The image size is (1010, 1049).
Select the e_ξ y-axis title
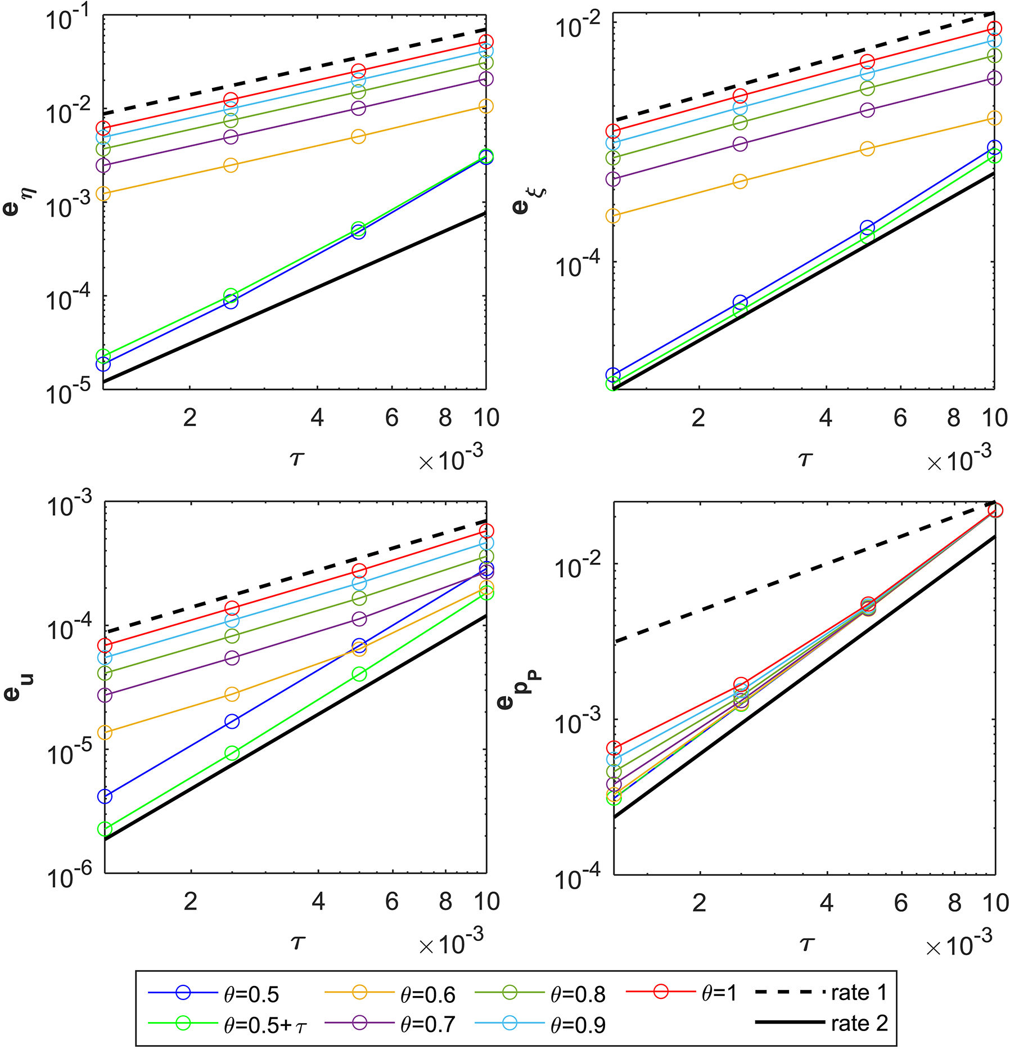pos(526,200)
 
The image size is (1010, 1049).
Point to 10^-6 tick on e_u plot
pos(67,877)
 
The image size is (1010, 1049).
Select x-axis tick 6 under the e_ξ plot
pos(900,418)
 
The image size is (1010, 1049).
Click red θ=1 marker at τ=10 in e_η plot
pos(486,42)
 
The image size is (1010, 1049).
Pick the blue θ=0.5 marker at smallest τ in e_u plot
pos(105,796)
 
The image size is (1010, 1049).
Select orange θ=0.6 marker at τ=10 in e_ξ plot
pos(994,118)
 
